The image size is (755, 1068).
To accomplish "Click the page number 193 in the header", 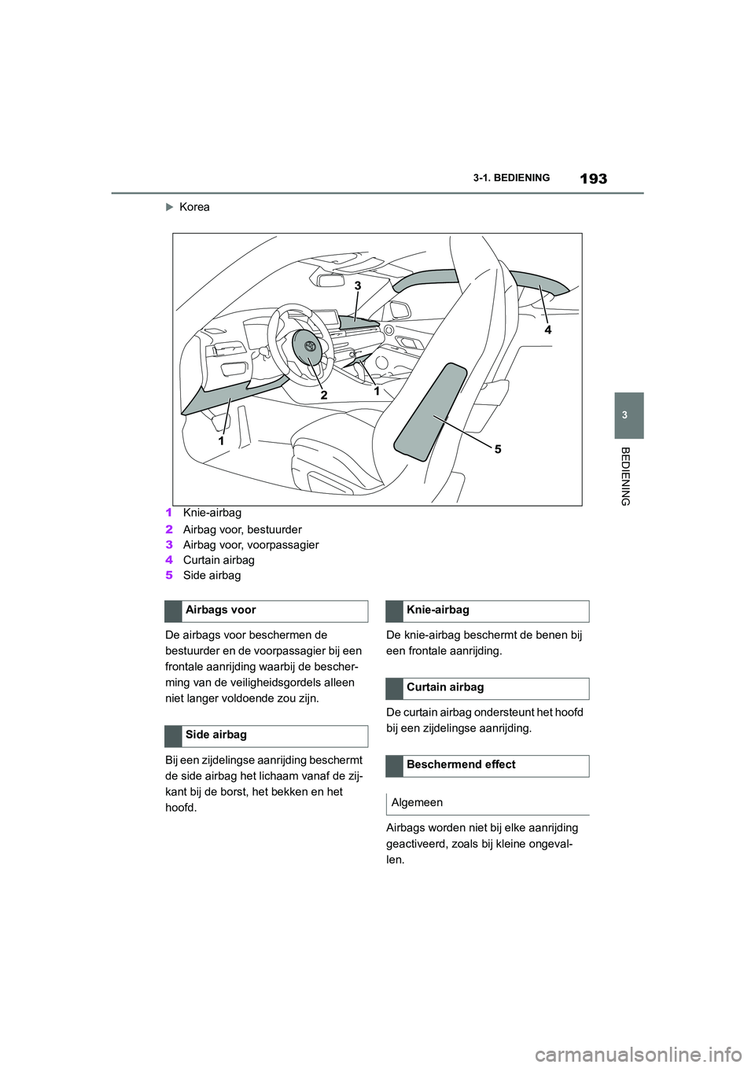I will (593, 179).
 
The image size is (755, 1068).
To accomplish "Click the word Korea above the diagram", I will (194, 207).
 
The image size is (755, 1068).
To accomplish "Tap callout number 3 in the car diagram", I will (358, 285).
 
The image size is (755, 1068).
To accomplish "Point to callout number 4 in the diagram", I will (548, 330).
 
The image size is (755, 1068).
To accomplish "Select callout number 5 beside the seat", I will (498, 449).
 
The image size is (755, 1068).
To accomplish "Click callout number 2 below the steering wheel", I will (323, 396).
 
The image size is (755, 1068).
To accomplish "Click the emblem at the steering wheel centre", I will (310, 346).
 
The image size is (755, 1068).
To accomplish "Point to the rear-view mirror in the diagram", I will (332, 279).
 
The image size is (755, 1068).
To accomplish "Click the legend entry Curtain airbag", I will (219, 560).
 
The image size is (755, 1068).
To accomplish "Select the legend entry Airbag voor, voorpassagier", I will (251, 545).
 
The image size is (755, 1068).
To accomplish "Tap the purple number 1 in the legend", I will (169, 513).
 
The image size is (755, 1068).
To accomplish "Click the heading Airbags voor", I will (221, 610).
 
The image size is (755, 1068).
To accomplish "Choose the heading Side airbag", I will (216, 735).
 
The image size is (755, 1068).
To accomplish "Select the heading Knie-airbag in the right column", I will (438, 610).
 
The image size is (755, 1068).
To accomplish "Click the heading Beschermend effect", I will (461, 764).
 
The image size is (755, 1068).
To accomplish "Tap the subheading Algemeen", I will (417, 803).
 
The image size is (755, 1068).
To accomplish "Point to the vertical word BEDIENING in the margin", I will (625, 476).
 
